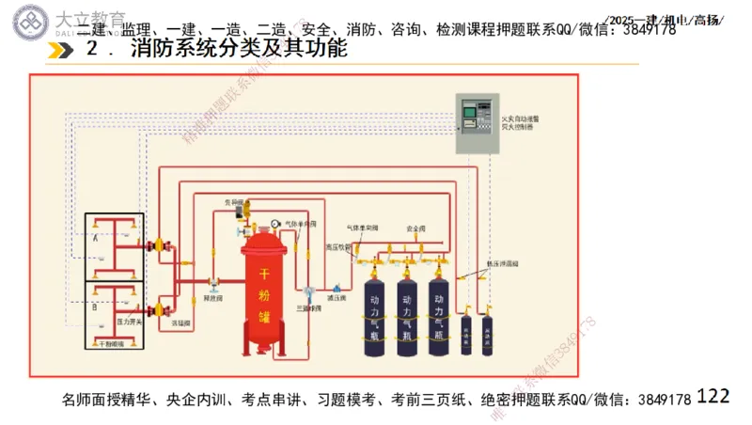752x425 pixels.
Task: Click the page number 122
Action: click(x=713, y=397)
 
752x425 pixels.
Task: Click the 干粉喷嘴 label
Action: click(x=112, y=344)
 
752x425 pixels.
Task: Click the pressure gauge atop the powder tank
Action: click(x=274, y=224)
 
